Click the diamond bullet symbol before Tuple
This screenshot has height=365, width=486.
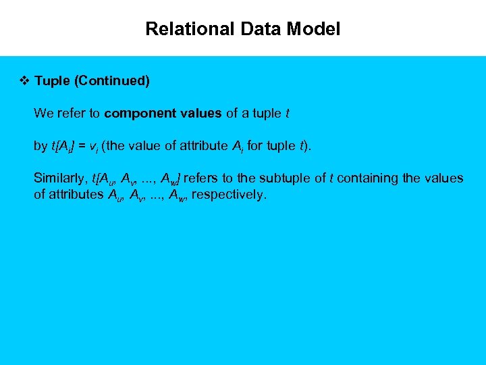coord(24,81)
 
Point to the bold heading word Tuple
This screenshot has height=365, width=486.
coord(53,81)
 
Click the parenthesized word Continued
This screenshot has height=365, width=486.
coord(111,81)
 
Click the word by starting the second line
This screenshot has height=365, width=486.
coord(40,146)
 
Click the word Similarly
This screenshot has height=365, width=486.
coord(59,178)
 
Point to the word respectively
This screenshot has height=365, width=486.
coord(232,195)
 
